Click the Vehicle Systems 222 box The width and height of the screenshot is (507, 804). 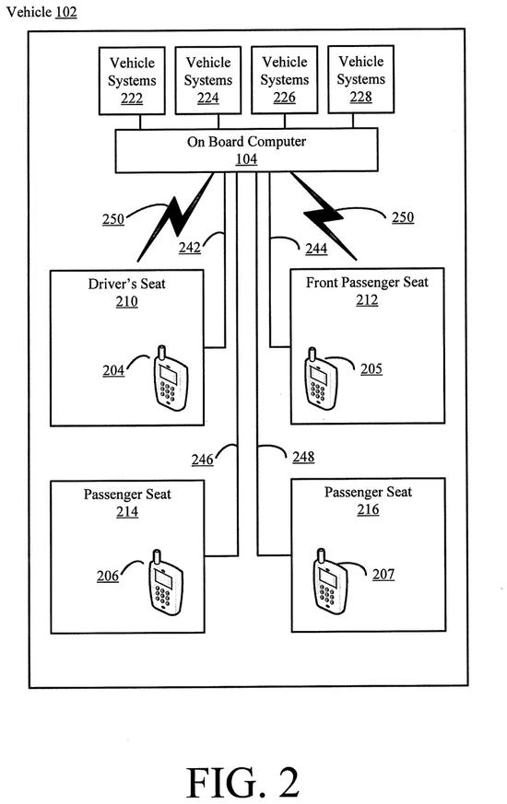click(132, 80)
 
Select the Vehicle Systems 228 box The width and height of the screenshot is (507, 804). click(360, 79)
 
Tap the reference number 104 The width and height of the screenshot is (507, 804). click(246, 159)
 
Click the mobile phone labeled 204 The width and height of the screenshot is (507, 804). click(171, 379)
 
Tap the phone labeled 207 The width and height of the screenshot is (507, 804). click(330, 582)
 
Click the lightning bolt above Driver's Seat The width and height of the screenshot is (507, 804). click(175, 217)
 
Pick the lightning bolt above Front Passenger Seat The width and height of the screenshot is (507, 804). click(324, 216)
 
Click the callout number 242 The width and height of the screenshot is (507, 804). click(189, 248)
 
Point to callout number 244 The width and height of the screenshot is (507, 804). click(316, 249)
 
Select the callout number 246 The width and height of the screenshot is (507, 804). click(202, 460)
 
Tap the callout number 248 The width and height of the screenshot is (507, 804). click(303, 457)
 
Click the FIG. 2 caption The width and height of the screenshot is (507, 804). click(242, 783)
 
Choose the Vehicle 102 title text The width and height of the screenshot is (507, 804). click(41, 12)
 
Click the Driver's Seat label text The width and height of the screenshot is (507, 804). click(127, 284)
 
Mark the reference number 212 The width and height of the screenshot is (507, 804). click(367, 300)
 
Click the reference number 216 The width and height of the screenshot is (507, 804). click(368, 509)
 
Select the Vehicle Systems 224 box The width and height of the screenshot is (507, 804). click(207, 80)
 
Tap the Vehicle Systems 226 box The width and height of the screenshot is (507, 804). click(284, 79)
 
